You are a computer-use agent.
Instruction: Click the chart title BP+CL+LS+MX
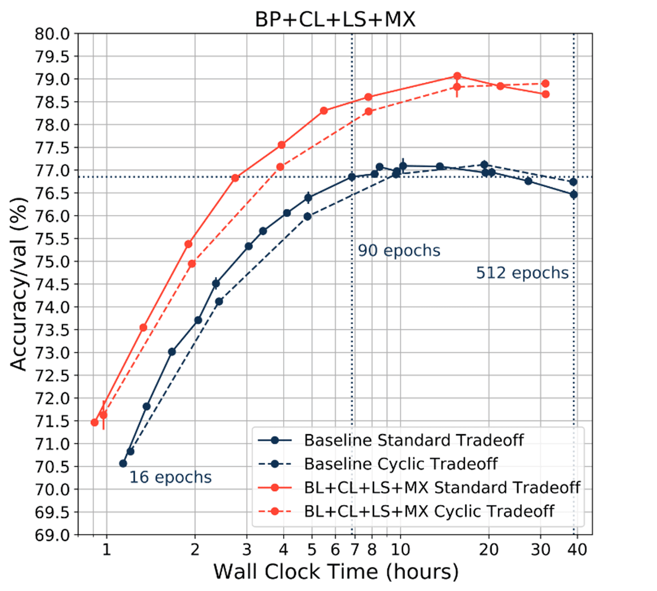tap(335, 20)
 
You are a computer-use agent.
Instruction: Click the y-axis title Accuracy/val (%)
tap(19, 285)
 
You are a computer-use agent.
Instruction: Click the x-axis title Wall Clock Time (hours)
tap(336, 571)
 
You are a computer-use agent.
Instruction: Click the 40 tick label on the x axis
tap(577, 549)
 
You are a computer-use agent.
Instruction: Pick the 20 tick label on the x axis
tap(488, 549)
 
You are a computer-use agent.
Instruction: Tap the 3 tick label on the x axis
tap(247, 549)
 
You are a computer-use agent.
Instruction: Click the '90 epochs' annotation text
tap(399, 251)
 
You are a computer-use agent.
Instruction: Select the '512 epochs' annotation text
tap(522, 273)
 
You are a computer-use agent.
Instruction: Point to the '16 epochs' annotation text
tap(170, 478)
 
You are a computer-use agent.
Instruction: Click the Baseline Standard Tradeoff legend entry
tap(413, 440)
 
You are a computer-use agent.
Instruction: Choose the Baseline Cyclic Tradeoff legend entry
tap(401, 464)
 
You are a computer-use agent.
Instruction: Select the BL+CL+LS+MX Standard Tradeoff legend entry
tap(442, 487)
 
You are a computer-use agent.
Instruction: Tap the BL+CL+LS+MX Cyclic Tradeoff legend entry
tap(429, 512)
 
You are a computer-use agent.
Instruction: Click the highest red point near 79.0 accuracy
tap(457, 76)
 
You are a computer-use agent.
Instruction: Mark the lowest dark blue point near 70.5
tap(123, 464)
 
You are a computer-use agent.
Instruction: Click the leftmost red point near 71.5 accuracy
tap(95, 422)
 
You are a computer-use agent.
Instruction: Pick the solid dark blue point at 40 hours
tap(574, 195)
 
